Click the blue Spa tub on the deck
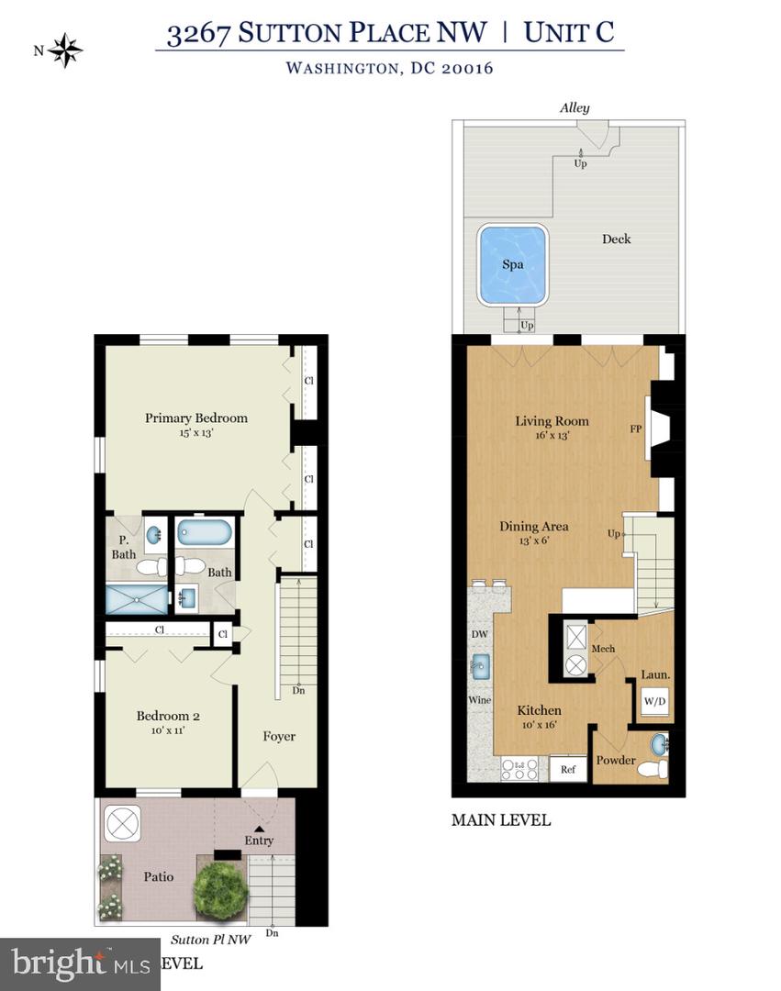pyautogui.click(x=512, y=264)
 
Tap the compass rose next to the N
pyautogui.click(x=65, y=50)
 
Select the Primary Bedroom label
pyautogui.click(x=196, y=418)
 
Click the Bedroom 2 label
pyautogui.click(x=168, y=716)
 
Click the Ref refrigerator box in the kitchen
pyautogui.click(x=567, y=769)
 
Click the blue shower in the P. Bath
pyautogui.click(x=138, y=600)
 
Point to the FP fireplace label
pyautogui.click(x=635, y=429)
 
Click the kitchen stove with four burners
pyautogui.click(x=520, y=768)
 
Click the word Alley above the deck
pyautogui.click(x=575, y=107)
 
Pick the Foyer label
pyautogui.click(x=279, y=736)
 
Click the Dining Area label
pyautogui.click(x=533, y=527)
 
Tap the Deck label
pyautogui.click(x=616, y=239)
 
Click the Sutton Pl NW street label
pyautogui.click(x=209, y=940)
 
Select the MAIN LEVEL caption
pyautogui.click(x=501, y=819)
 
